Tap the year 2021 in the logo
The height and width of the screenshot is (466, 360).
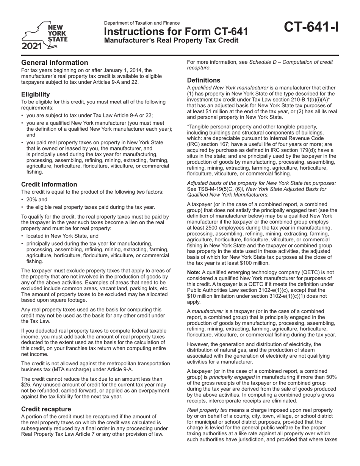click(x=32, y=47)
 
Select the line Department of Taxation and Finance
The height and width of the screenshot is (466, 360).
click(x=142, y=23)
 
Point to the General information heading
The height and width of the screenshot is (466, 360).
click(x=55, y=63)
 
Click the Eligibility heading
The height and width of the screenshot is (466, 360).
click(x=35, y=94)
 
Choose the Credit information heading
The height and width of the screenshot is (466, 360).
click(x=49, y=184)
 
